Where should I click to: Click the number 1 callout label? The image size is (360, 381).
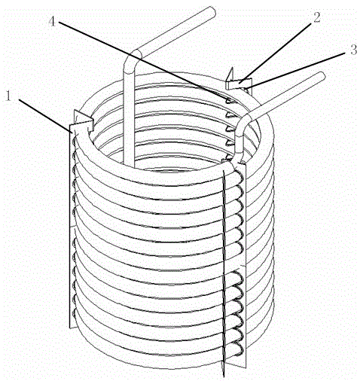pyautogui.click(x=9, y=96)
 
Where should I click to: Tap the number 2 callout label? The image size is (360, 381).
pyautogui.click(x=316, y=17)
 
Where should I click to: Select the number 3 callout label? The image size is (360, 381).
pyautogui.click(x=353, y=50)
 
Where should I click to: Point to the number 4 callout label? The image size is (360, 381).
pyautogui.click(x=52, y=22)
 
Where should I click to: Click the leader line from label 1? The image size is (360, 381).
pyautogui.click(x=45, y=116)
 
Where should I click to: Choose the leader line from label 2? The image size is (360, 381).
pyautogui.click(x=276, y=52)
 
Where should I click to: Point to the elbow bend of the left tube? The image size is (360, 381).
pyautogui.click(x=131, y=62)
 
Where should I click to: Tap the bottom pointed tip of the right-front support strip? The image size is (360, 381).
pyautogui.click(x=223, y=376)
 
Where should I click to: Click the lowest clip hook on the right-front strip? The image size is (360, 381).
pyautogui.click(x=238, y=349)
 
